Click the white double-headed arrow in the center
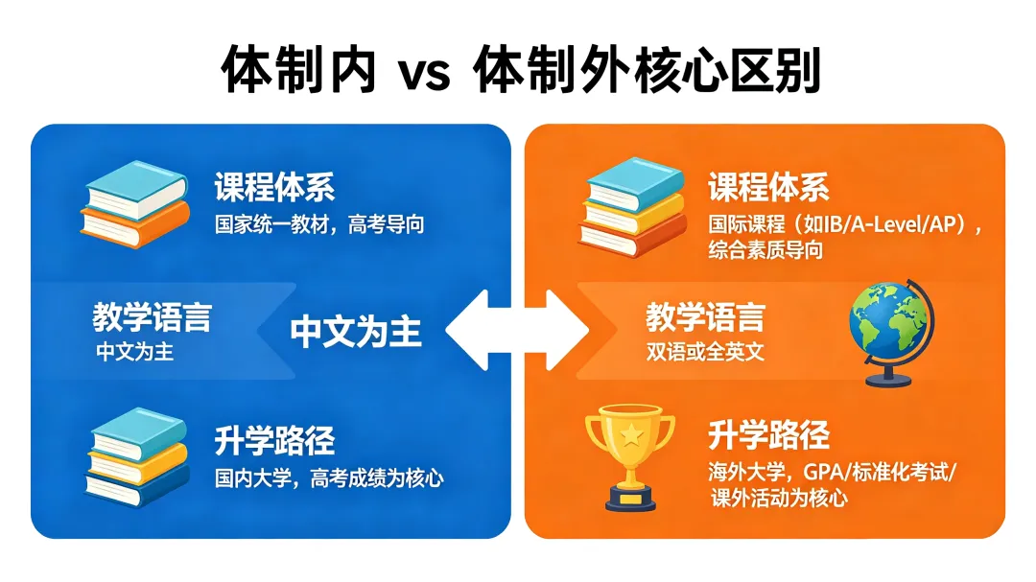pyautogui.click(x=518, y=332)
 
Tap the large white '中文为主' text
pyautogui.click(x=356, y=332)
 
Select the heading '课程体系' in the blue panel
pyautogui.click(x=274, y=187)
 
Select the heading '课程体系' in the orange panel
pyautogui.click(x=768, y=187)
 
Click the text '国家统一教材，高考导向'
pyautogui.click(x=319, y=225)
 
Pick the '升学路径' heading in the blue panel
pyautogui.click(x=274, y=440)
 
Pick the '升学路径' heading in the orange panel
pyautogui.click(x=768, y=435)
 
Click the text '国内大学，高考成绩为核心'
pyautogui.click(x=329, y=477)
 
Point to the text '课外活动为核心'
pyautogui.click(x=779, y=499)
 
